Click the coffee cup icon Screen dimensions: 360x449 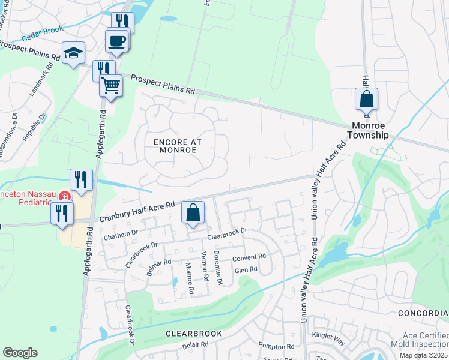point(117,41)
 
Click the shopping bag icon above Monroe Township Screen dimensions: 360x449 point(366,99)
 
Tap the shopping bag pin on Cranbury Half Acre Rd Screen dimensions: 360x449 point(193,212)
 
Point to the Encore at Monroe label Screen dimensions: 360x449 point(178,146)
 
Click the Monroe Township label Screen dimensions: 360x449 point(370,131)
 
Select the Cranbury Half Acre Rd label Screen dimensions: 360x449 point(137,212)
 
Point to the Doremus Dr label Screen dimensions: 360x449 point(218,268)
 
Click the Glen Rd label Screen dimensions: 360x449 point(246,269)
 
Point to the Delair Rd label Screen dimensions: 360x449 point(196,345)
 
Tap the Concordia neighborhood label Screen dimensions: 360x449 point(423,314)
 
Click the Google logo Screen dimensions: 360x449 point(20,353)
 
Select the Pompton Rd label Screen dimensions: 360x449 point(276,346)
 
